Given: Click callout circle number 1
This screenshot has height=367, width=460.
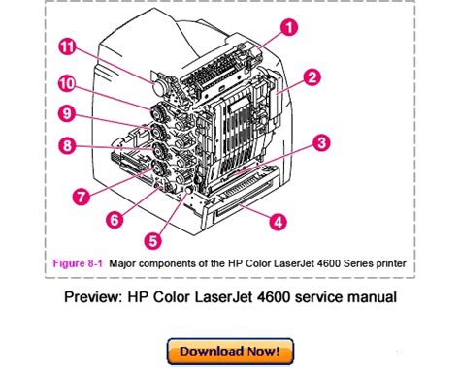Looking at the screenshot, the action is pos(289,27).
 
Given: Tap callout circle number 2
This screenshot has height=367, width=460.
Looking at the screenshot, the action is pos(312,77).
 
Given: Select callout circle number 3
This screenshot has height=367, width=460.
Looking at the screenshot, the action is pos(321,142).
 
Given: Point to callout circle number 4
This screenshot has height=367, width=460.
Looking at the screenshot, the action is pos(279,222).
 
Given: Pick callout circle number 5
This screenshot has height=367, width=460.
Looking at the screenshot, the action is pos(153,241).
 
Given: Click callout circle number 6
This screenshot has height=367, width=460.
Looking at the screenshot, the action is pos(115,220).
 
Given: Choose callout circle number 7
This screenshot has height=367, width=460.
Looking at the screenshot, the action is pos(82,196).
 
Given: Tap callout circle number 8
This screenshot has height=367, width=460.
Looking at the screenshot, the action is pos(67,145).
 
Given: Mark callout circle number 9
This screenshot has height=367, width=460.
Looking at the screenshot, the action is pos(67,113).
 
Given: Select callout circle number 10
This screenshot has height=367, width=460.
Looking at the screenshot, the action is pos(67,84).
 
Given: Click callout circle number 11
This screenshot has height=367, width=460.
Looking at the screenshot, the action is pos(68,47).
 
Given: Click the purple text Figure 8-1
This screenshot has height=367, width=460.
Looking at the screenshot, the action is pos(78,263).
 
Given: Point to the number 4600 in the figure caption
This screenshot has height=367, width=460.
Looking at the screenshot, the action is pos(329,263).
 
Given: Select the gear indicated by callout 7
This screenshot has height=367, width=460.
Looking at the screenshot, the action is pos(159,168).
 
